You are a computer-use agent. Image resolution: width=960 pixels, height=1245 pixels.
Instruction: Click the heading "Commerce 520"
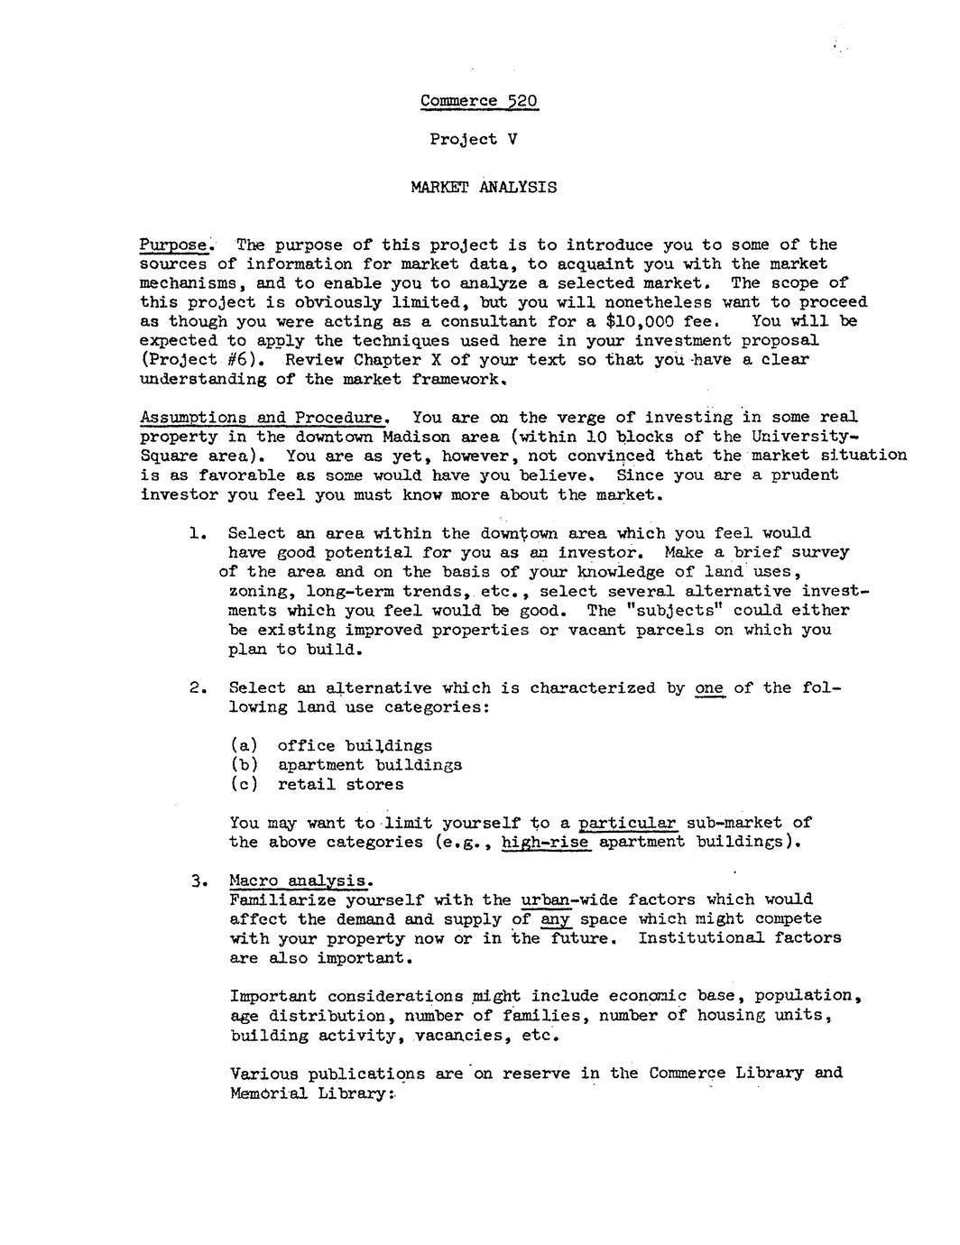479,100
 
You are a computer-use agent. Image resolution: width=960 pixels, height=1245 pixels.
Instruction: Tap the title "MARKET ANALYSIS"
484,188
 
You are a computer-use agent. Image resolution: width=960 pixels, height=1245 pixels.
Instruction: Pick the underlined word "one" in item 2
709,688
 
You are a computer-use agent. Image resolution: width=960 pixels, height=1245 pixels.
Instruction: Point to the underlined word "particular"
627,823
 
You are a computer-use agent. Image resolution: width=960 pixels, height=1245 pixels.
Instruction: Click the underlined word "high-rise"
545,843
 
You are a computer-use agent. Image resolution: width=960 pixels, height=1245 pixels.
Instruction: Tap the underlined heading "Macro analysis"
300,881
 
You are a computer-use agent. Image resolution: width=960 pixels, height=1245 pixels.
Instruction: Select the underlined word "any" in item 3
555,919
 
